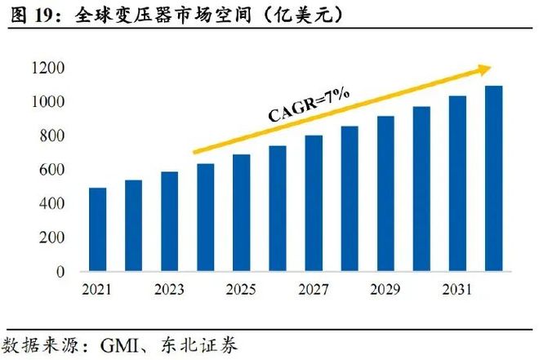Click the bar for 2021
pos(98,229)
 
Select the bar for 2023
pos(170,221)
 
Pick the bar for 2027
pos(314,203)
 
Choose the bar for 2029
pos(385,193)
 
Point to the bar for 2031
pos(457,184)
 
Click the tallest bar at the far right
pos(493,179)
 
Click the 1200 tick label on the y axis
pos(51,69)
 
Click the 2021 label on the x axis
pos(98,289)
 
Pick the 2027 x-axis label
pos(314,289)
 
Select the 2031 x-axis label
pos(457,289)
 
